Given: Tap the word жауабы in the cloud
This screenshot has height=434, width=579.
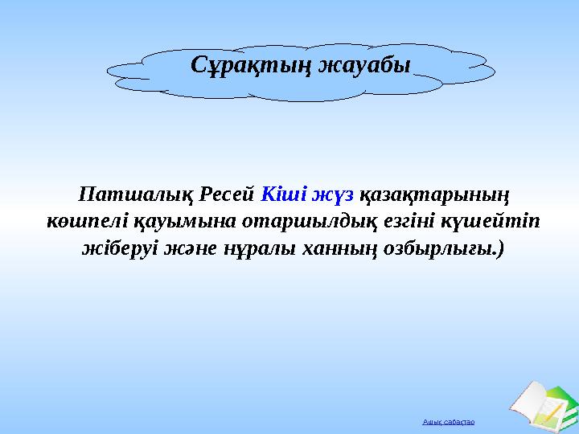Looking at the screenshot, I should coord(363,65).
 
